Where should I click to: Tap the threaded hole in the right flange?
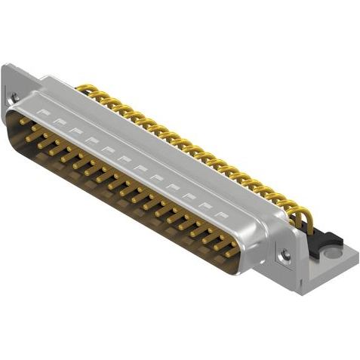coord(285,256)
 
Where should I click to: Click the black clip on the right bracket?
coord(325,239)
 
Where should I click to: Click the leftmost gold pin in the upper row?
coord(26,121)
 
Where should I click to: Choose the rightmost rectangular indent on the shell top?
coord(221,214)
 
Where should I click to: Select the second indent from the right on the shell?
coord(205,204)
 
